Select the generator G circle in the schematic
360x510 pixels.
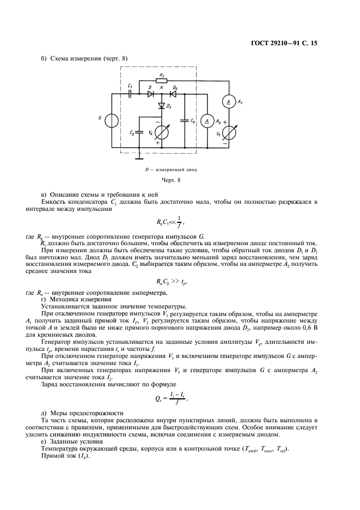pos(112,120)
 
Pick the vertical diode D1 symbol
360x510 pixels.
pos(162,105)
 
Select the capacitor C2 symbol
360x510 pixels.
pos(185,120)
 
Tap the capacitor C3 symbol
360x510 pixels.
pos(139,132)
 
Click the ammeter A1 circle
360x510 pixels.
pos(229,100)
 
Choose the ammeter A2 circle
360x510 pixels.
pos(206,121)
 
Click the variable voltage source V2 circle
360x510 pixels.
pos(162,132)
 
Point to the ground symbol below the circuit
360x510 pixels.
pos(139,159)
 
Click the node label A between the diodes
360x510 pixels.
pos(161,87)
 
